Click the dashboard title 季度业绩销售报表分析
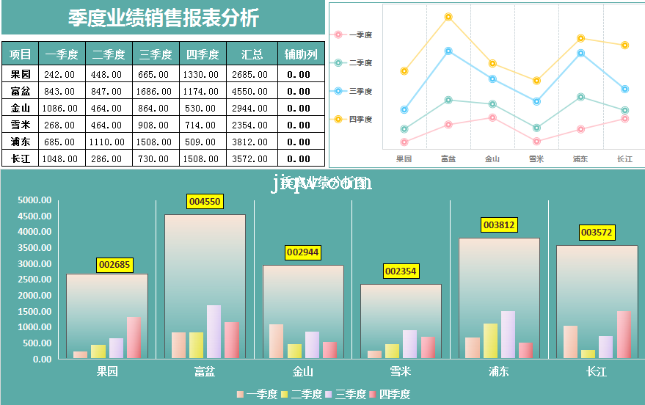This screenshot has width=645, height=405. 163,18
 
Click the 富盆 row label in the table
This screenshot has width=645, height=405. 21,91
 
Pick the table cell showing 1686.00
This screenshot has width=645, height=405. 155,91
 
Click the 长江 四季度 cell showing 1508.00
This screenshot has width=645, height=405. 202,158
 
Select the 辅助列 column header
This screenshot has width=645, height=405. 302,54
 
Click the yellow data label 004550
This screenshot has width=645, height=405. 205,201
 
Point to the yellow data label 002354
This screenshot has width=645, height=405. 401,271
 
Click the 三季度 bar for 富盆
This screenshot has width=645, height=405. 214,332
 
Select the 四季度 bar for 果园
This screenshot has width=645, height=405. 134,337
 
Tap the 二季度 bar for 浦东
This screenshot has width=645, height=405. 490,340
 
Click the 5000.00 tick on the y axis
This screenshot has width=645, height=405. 35,200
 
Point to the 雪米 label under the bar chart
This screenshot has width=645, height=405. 401,372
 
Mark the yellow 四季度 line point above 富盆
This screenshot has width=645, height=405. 448,17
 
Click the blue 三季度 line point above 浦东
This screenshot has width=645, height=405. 580,54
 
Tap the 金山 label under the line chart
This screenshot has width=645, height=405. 492,158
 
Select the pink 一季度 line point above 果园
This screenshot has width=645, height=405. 404,142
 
